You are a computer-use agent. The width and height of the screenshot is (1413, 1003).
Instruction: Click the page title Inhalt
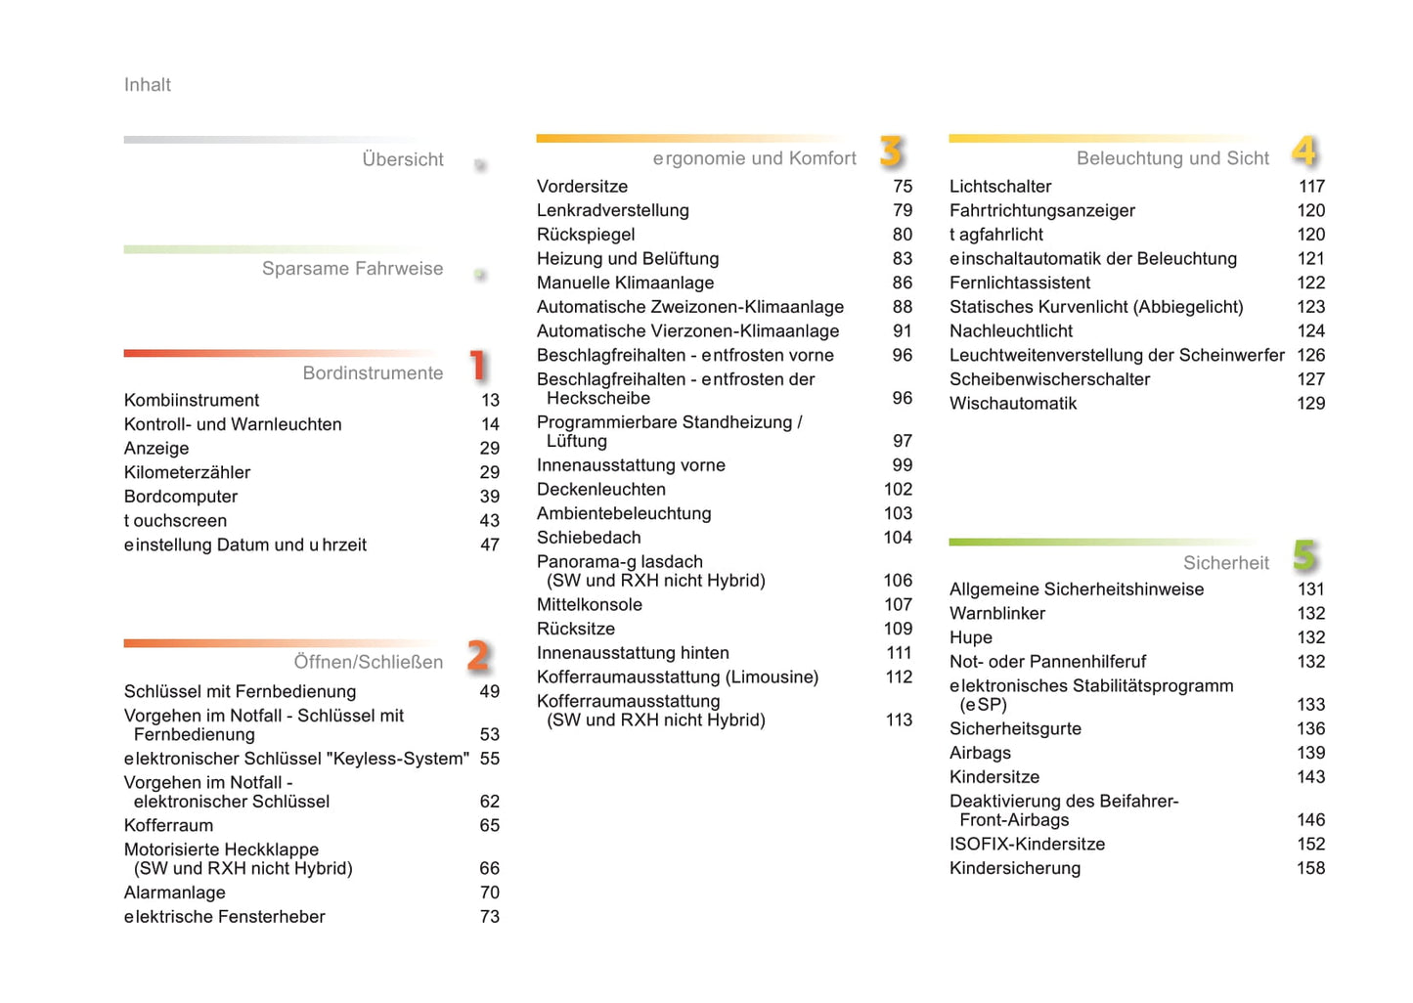[x=147, y=85]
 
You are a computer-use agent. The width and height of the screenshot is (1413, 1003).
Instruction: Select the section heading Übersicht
[x=402, y=159]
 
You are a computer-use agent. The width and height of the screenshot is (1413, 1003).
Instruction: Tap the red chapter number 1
[x=477, y=366]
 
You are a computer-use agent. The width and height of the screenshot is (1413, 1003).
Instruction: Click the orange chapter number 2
[x=478, y=655]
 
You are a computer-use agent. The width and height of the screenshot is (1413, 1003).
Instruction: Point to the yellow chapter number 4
[x=1304, y=152]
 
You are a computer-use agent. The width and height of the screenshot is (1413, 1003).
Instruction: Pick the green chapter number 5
[x=1304, y=555]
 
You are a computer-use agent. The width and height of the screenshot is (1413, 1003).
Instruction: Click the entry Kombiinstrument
[x=192, y=400]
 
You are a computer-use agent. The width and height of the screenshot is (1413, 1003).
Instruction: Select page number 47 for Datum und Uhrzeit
[x=489, y=545]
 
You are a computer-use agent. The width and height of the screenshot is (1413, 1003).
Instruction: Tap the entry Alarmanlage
[x=174, y=893]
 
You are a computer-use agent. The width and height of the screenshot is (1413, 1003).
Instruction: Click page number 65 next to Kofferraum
[x=489, y=825]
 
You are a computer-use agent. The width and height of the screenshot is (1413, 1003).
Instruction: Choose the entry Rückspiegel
[x=586, y=235]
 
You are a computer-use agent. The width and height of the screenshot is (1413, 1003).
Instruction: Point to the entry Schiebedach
[x=589, y=538]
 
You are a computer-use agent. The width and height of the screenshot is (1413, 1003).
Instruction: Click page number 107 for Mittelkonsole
[x=898, y=605]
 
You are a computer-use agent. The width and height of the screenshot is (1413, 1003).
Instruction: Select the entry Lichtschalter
[x=1000, y=187]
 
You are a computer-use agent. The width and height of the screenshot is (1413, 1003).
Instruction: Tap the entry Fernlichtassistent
[x=1020, y=283]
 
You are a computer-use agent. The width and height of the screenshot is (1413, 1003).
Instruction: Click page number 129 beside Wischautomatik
[x=1310, y=404]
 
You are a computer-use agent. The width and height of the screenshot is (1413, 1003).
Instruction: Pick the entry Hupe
[x=970, y=637]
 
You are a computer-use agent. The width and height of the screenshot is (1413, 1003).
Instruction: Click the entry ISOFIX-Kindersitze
[x=1027, y=844]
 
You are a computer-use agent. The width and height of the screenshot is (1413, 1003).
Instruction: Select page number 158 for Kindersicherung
[x=1310, y=868]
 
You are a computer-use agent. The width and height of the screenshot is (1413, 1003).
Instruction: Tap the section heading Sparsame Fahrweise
[x=352, y=269]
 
